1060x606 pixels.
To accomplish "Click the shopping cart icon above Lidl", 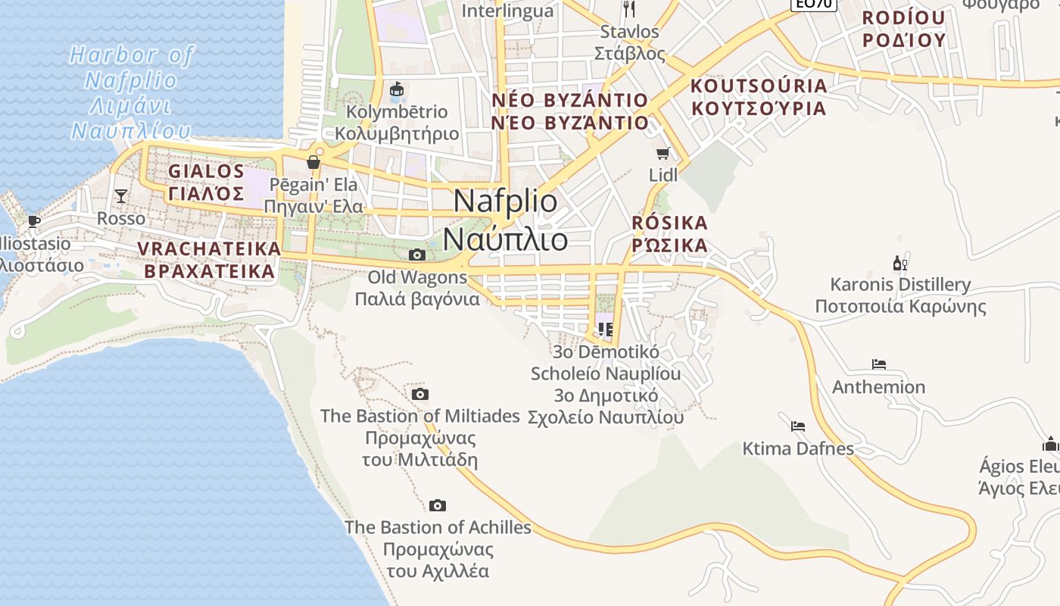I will [x=663, y=154].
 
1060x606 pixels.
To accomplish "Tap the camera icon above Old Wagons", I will [x=416, y=255].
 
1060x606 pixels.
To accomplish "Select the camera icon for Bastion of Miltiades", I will [x=420, y=395].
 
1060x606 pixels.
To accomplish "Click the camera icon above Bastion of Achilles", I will [x=437, y=506].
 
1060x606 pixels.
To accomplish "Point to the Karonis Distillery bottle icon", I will [x=899, y=264].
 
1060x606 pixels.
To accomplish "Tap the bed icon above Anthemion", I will [x=878, y=364].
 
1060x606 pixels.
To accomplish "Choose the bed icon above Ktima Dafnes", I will [x=797, y=426].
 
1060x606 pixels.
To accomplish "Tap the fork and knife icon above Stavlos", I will [x=629, y=9].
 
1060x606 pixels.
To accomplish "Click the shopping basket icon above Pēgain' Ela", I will [x=313, y=162].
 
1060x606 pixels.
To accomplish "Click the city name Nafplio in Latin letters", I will [x=506, y=201].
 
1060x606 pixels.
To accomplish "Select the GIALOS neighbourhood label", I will [x=206, y=171].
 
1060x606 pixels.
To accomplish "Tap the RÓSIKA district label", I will [x=669, y=223].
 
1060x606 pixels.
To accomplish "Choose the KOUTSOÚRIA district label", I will [x=759, y=86].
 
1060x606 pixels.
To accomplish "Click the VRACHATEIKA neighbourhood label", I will [x=209, y=249].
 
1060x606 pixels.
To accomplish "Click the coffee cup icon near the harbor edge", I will [x=33, y=221].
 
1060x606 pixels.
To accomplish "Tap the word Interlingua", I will [x=507, y=11].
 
